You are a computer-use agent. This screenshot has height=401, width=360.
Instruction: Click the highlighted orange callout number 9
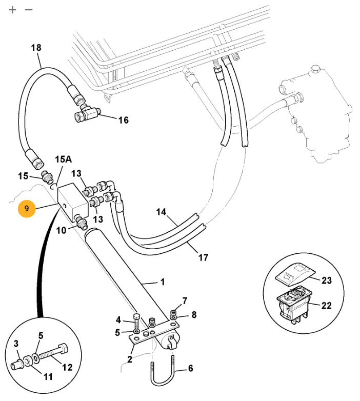pos(27,208)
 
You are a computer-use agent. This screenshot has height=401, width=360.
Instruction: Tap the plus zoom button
pos(12,10)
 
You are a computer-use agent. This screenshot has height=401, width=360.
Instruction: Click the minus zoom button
pos(29,10)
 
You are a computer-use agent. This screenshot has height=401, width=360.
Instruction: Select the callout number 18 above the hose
pos(36,48)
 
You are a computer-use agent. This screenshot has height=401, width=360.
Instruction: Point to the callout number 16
pos(123,120)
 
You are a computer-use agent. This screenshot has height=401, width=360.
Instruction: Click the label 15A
pos(64,159)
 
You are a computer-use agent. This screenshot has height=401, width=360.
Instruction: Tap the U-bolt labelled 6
pos(163,371)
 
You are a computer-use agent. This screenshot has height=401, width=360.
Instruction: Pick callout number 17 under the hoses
pos(204,257)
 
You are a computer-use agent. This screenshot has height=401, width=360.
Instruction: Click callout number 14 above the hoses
pos(161,212)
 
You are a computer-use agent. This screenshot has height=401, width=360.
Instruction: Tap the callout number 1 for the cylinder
pos(163,282)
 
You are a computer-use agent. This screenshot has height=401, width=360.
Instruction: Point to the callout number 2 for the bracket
pos(130,359)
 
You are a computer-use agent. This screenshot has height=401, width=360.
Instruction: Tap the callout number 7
pos(185,300)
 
